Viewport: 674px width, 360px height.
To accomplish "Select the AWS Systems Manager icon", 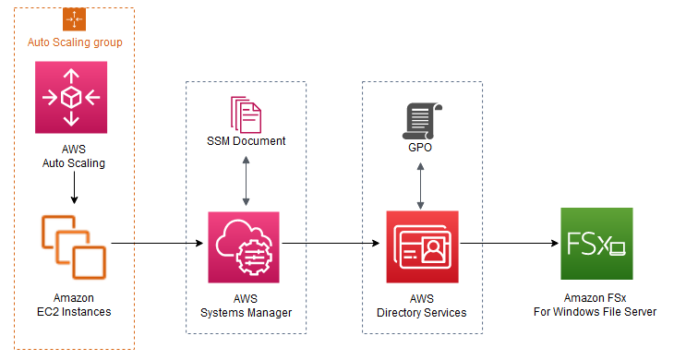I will pos(245,245).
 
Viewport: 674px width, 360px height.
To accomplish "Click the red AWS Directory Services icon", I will pos(422,245).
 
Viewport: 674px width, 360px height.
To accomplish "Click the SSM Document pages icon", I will pos(245,114).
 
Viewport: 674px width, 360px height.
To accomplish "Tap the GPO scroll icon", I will pos(422,118).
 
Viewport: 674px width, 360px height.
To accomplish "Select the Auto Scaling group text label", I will pos(75,42).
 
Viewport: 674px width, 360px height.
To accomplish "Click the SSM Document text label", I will pos(246,141).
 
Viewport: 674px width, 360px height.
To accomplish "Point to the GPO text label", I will pos(422,147).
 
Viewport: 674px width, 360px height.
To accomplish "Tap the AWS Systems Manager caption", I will pos(246,306).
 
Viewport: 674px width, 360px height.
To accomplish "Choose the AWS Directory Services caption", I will pos(422,306).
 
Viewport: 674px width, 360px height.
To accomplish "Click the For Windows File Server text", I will pos(596,312).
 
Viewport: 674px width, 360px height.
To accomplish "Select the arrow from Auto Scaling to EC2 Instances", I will pos(73,188).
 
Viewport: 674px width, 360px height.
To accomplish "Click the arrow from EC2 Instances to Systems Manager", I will pos(157,245).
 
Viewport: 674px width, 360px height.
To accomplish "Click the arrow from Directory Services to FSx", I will pos(508,245).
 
